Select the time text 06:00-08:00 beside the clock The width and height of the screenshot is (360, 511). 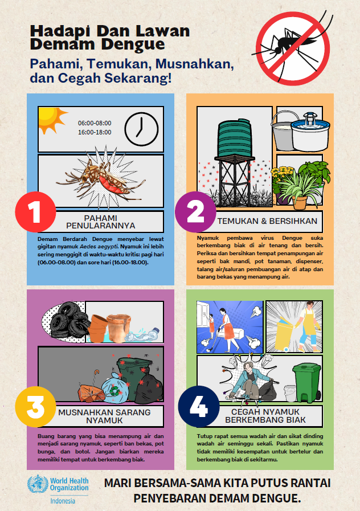point(95,122)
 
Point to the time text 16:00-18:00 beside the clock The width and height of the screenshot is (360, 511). point(95,132)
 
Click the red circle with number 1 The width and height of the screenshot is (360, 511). point(36,212)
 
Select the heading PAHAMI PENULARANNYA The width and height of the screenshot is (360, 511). point(100,222)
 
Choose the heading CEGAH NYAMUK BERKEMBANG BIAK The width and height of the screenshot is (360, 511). point(265,416)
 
